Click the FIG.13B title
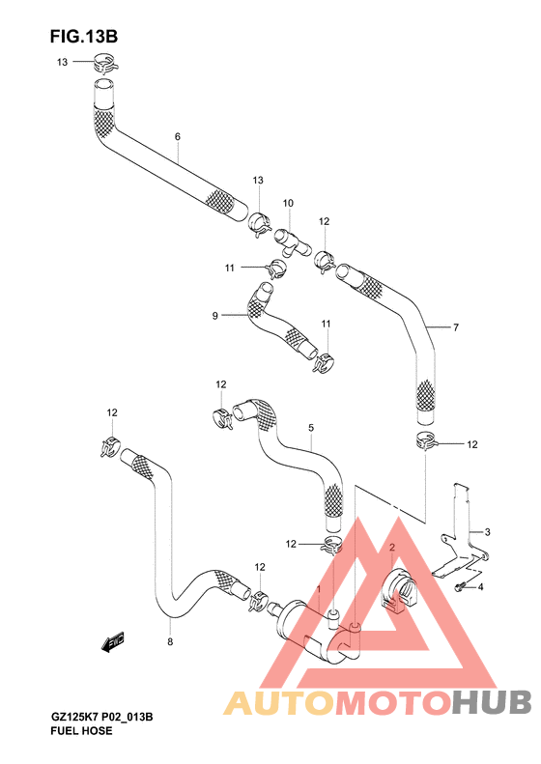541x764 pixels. (x=84, y=37)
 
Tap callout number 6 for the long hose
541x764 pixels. (x=178, y=136)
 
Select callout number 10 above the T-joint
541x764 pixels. (x=288, y=203)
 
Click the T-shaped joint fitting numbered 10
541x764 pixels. (x=293, y=242)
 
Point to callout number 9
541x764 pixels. (x=214, y=316)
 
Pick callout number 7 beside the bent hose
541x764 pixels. (x=456, y=327)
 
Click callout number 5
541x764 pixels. (x=311, y=428)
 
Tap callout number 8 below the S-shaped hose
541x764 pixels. (x=170, y=641)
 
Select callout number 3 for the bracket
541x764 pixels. (x=487, y=532)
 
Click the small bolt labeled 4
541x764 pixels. (x=460, y=587)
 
